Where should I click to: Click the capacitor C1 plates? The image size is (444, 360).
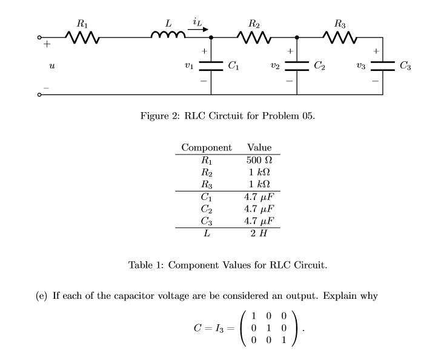(211, 64)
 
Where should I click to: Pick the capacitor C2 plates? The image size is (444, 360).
(297, 64)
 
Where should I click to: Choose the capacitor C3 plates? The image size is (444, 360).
(383, 64)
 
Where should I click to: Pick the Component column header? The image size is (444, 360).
(207, 147)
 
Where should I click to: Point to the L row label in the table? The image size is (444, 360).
(207, 233)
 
